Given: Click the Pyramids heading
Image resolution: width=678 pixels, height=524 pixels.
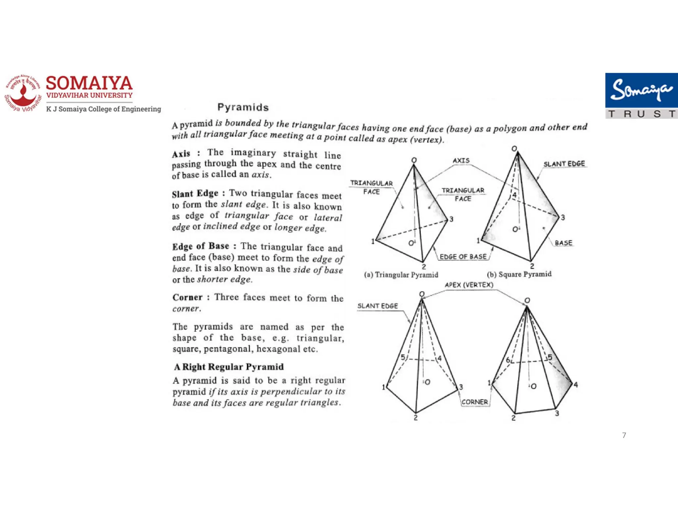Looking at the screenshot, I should click(x=243, y=107).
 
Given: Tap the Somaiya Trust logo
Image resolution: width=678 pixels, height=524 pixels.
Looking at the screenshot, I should click(x=641, y=96).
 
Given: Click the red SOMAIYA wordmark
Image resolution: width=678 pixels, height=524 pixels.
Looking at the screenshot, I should click(x=89, y=83).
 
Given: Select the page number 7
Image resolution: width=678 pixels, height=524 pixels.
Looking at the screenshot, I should click(x=624, y=435).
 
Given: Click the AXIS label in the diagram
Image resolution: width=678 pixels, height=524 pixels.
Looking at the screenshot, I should click(x=461, y=161).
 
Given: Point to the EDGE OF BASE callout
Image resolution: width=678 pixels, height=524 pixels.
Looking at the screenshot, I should click(x=463, y=257).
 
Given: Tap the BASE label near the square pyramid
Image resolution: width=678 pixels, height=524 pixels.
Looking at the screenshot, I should click(x=563, y=243).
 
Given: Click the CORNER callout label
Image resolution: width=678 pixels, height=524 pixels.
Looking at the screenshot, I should click(x=474, y=402).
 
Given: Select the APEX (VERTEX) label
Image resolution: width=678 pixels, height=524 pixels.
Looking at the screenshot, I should click(x=469, y=285).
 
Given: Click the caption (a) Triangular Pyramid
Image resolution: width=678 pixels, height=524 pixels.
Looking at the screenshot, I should click(x=401, y=275).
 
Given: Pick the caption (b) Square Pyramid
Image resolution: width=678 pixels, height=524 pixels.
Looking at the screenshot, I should click(x=519, y=274).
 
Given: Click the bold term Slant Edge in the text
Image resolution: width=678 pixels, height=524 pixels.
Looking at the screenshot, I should click(x=195, y=193).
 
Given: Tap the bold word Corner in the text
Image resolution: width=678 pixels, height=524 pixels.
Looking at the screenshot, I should click(x=187, y=297).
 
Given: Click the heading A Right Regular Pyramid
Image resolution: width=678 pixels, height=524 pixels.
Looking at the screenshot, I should click(x=229, y=367).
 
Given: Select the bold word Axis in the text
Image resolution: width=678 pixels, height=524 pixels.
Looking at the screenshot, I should click(x=181, y=154).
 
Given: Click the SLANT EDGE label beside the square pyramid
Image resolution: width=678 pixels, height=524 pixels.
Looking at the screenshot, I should click(x=564, y=164).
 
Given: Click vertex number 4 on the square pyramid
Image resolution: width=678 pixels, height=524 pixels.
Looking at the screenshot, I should click(x=514, y=195).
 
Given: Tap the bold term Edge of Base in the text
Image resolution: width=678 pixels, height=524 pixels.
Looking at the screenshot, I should click(x=201, y=246).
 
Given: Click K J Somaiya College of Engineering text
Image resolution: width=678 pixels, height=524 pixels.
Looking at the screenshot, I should click(x=103, y=109).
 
